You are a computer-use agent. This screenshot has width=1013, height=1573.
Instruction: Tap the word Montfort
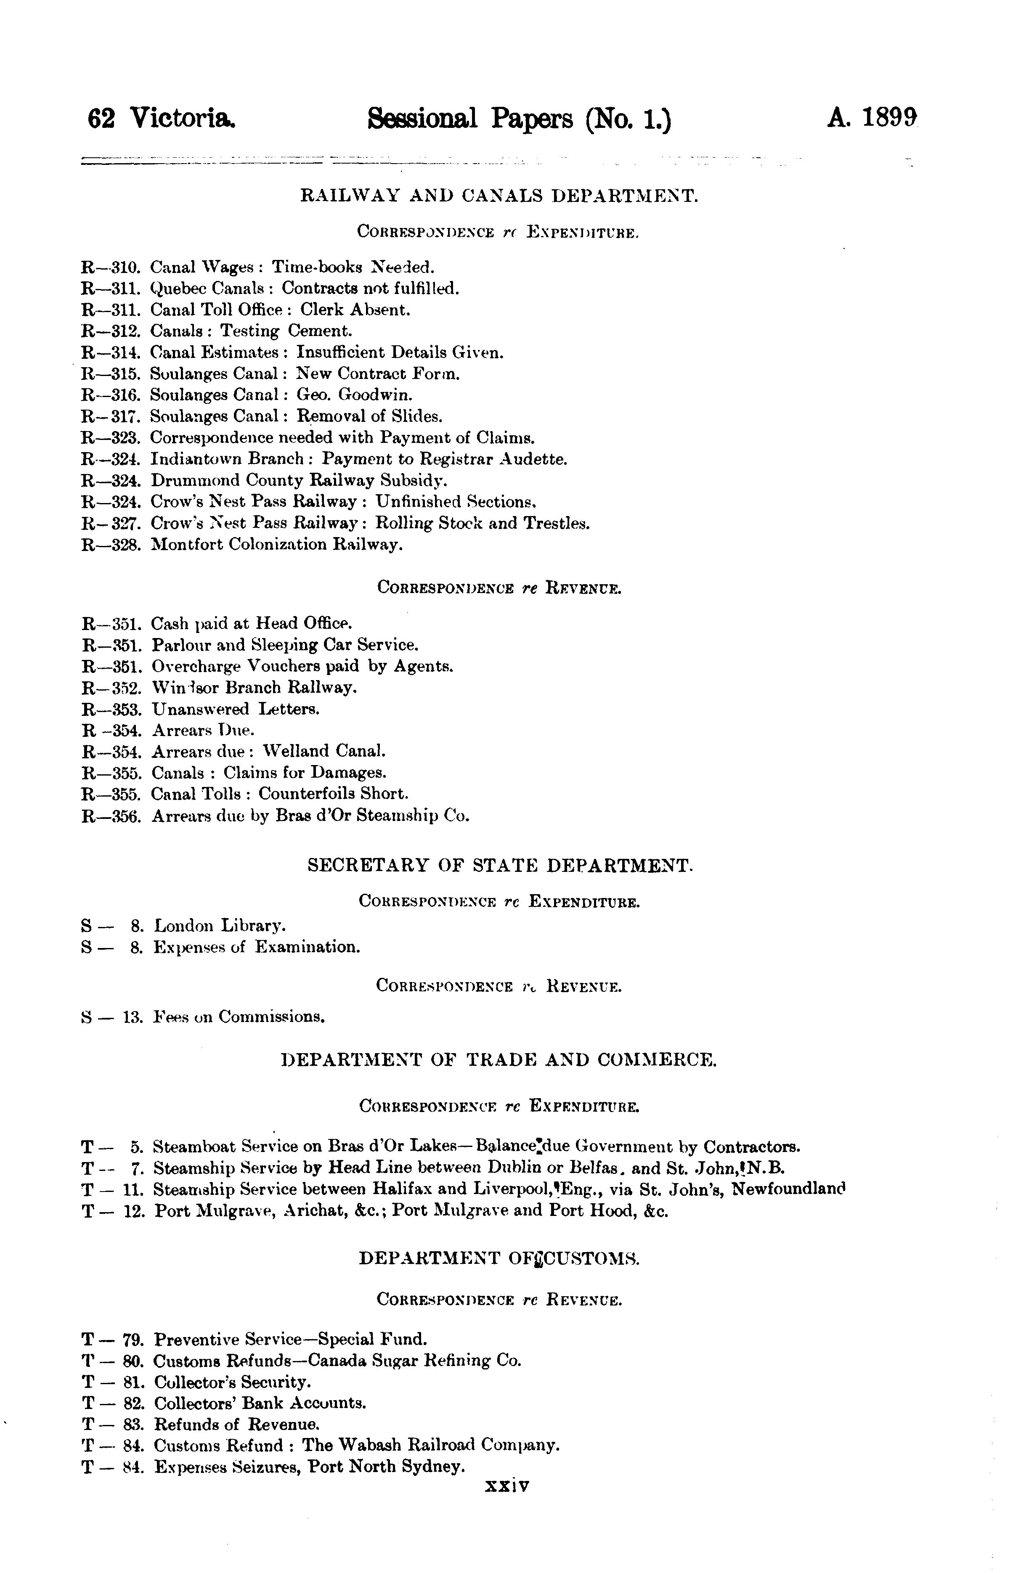[188, 545]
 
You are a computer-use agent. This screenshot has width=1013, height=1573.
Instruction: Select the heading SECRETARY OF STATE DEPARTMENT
[500, 866]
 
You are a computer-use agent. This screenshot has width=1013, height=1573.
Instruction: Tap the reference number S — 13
[112, 1017]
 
